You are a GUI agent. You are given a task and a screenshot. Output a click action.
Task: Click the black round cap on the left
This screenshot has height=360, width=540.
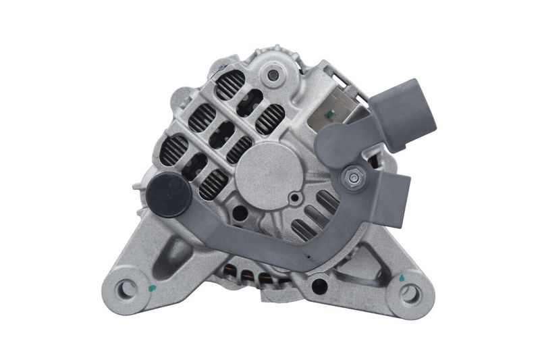pyautogui.click(x=167, y=195)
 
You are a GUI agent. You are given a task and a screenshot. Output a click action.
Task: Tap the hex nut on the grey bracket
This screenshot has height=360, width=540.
pyautogui.click(x=352, y=177)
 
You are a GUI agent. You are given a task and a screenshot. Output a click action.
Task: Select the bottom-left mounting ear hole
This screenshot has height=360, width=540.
pyautogui.click(x=126, y=290)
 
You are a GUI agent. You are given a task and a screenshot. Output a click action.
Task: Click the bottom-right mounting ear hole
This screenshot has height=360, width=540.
pyautogui.click(x=409, y=293)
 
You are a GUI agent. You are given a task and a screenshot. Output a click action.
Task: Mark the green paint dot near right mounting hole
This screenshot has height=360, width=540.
pyautogui.click(x=402, y=277)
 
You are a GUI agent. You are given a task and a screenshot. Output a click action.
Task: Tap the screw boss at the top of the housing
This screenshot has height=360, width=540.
pyautogui.click(x=273, y=75)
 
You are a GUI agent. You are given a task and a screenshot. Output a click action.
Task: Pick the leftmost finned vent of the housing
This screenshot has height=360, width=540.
pyautogui.click(x=173, y=149)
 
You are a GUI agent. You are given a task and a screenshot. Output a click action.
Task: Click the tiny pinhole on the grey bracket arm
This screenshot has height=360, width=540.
pyautogui.click(x=308, y=257)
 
